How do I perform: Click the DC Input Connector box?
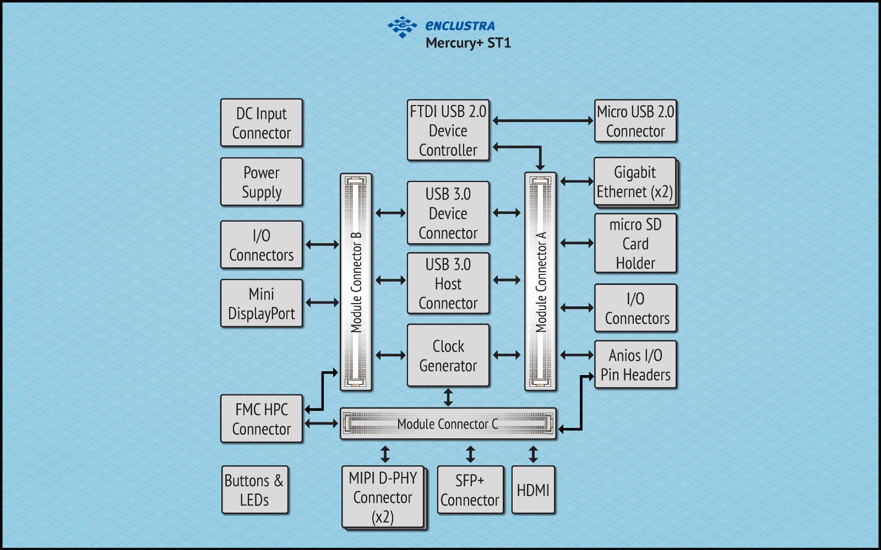(261, 123)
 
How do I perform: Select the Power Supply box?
(261, 182)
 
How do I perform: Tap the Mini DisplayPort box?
(261, 303)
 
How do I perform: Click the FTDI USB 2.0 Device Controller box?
(448, 130)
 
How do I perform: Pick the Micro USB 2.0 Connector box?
(635, 121)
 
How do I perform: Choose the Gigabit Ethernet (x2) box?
(634, 182)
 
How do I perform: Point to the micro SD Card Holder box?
(635, 243)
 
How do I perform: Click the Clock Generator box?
(448, 355)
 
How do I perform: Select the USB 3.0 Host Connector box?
(448, 283)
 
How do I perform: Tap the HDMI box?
(532, 490)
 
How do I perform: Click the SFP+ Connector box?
(470, 490)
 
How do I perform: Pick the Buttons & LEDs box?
(254, 490)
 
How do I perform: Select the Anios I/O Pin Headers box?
(635, 365)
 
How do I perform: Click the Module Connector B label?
(356, 282)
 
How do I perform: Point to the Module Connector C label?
(447, 424)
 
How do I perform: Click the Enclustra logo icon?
(403, 26)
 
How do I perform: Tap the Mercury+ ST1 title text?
(468, 43)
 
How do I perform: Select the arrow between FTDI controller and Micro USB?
(542, 120)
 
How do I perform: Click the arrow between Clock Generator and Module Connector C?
(448, 397)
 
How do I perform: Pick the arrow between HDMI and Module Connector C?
(532, 454)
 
